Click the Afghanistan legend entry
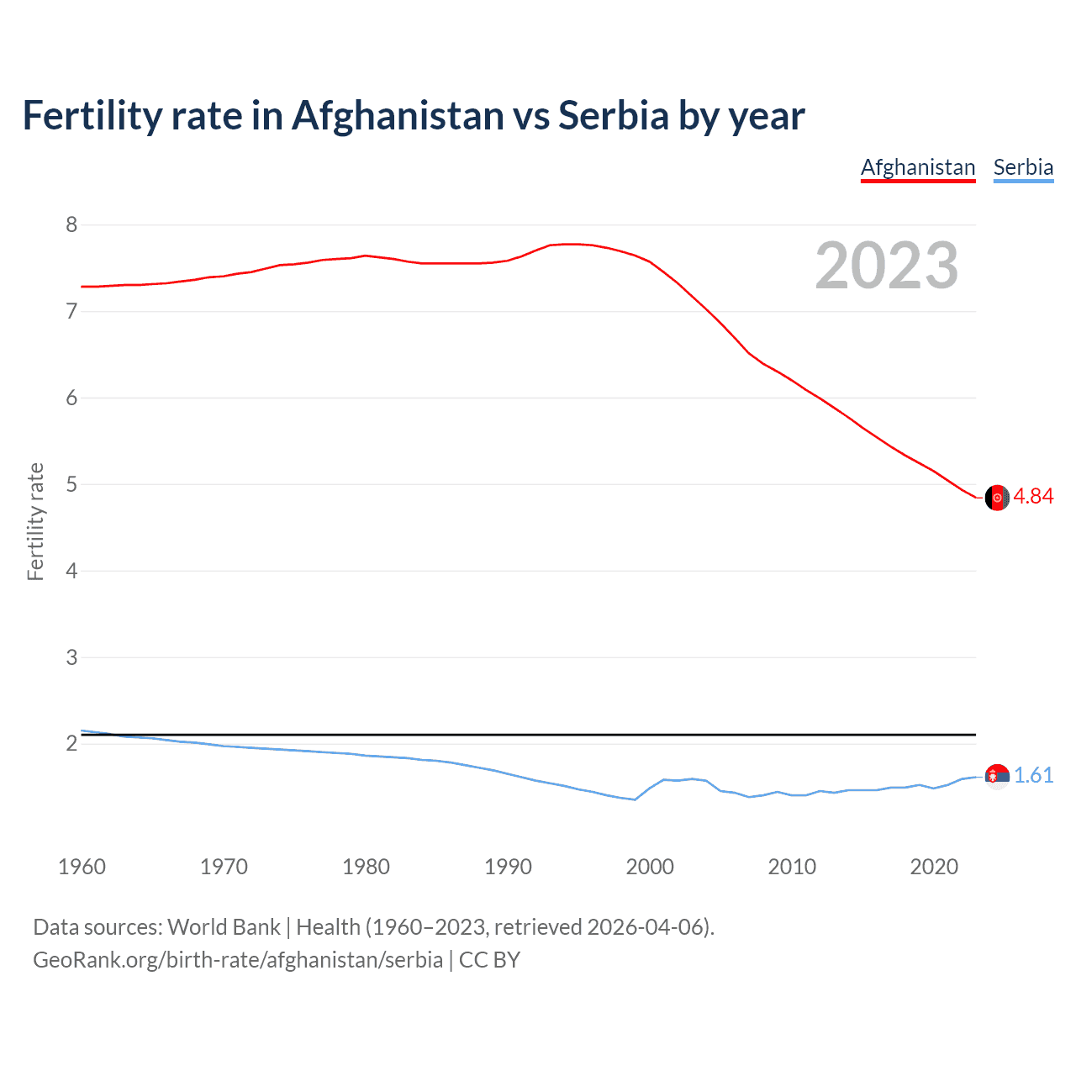[x=917, y=167]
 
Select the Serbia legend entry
[x=1023, y=167]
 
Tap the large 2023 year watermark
[x=887, y=266]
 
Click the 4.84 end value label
[x=1033, y=497]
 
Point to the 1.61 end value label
[x=1033, y=775]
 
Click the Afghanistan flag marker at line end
[x=997, y=498]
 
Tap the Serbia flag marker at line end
[x=997, y=776]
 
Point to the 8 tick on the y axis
[x=71, y=224]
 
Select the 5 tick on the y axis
[x=71, y=484]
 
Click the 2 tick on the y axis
[x=71, y=744]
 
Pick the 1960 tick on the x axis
[x=82, y=867]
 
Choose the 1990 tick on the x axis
[x=508, y=867]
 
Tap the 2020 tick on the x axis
[x=934, y=867]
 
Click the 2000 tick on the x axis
[x=650, y=867]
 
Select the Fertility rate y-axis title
[x=35, y=521]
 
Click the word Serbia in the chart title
[x=614, y=116]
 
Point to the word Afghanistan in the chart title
[x=397, y=116]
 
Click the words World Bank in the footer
[x=224, y=927]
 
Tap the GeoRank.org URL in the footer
[x=238, y=960]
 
